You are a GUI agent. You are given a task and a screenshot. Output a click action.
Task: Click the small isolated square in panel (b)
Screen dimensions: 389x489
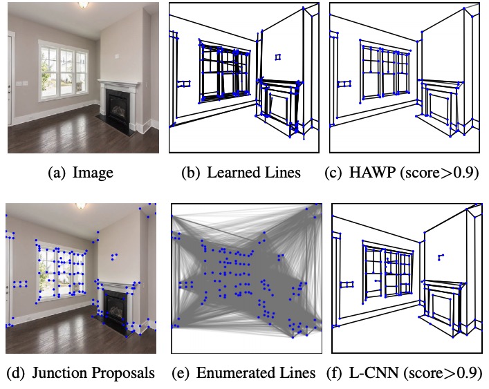click(277, 56)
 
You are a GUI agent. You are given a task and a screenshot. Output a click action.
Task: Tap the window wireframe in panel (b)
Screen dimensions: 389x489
click(224, 69)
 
